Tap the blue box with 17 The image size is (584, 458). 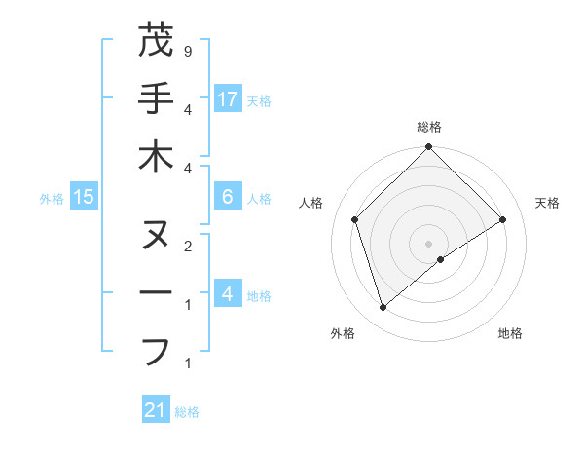coord(228,99)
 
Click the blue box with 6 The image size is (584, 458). coord(228,197)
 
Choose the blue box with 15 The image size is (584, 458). coord(83,197)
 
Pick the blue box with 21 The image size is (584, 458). coord(155,410)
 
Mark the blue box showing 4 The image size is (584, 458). coord(228,294)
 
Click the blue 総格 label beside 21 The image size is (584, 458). coord(187,412)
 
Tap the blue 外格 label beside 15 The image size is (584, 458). coord(52,199)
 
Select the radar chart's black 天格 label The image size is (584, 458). coord(547,203)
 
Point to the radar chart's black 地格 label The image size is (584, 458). coord(510,334)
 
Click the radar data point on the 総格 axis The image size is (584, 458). coord(428,148)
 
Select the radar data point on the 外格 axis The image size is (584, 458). coord(383,308)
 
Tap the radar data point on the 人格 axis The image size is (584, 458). coord(355,219)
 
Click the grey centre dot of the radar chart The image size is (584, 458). coord(428,243)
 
